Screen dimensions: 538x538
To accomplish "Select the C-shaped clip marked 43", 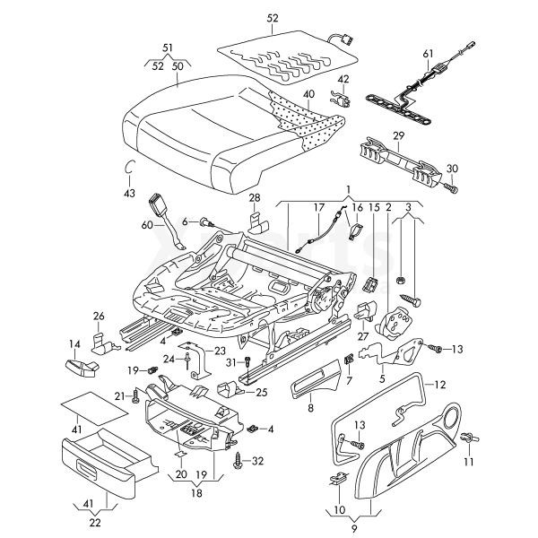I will tap(128, 168).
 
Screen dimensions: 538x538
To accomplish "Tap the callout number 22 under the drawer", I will tap(95, 522).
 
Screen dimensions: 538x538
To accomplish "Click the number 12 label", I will tap(440, 385).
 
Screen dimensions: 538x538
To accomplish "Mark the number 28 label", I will tap(255, 197).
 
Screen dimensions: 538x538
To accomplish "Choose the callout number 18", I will tap(196, 492).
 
